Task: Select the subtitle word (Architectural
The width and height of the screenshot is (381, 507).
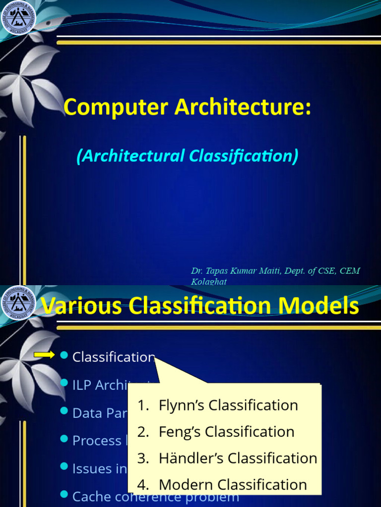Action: click(130, 156)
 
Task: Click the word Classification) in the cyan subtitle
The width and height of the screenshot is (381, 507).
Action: click(244, 156)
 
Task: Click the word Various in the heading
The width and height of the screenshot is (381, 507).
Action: click(82, 306)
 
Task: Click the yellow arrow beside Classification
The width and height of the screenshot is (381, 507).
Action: click(44, 355)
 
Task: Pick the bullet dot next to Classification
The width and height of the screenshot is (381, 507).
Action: click(63, 355)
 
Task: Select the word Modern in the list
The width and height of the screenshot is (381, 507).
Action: click(186, 485)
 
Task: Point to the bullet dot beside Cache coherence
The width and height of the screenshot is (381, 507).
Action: click(63, 494)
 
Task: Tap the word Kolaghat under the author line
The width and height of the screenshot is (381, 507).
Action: click(209, 281)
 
